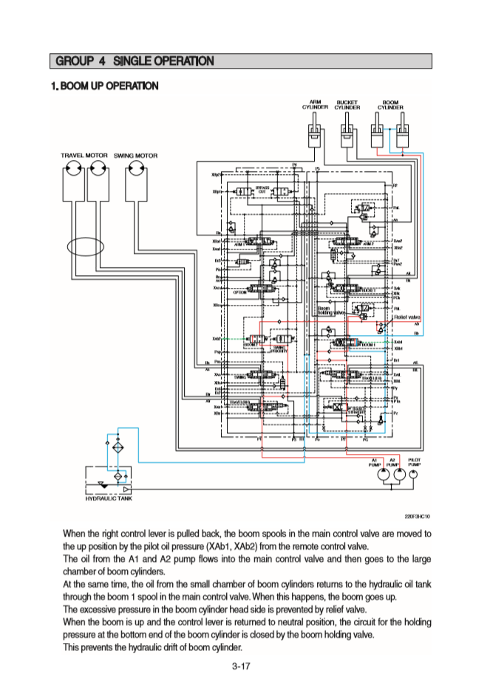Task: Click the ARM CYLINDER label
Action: click(315, 105)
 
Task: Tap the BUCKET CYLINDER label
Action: click(347, 105)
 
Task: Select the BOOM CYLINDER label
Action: click(390, 105)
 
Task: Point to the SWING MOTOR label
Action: click(135, 156)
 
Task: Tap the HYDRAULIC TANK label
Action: click(109, 500)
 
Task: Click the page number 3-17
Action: click(242, 667)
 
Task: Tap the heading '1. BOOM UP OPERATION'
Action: click(104, 86)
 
